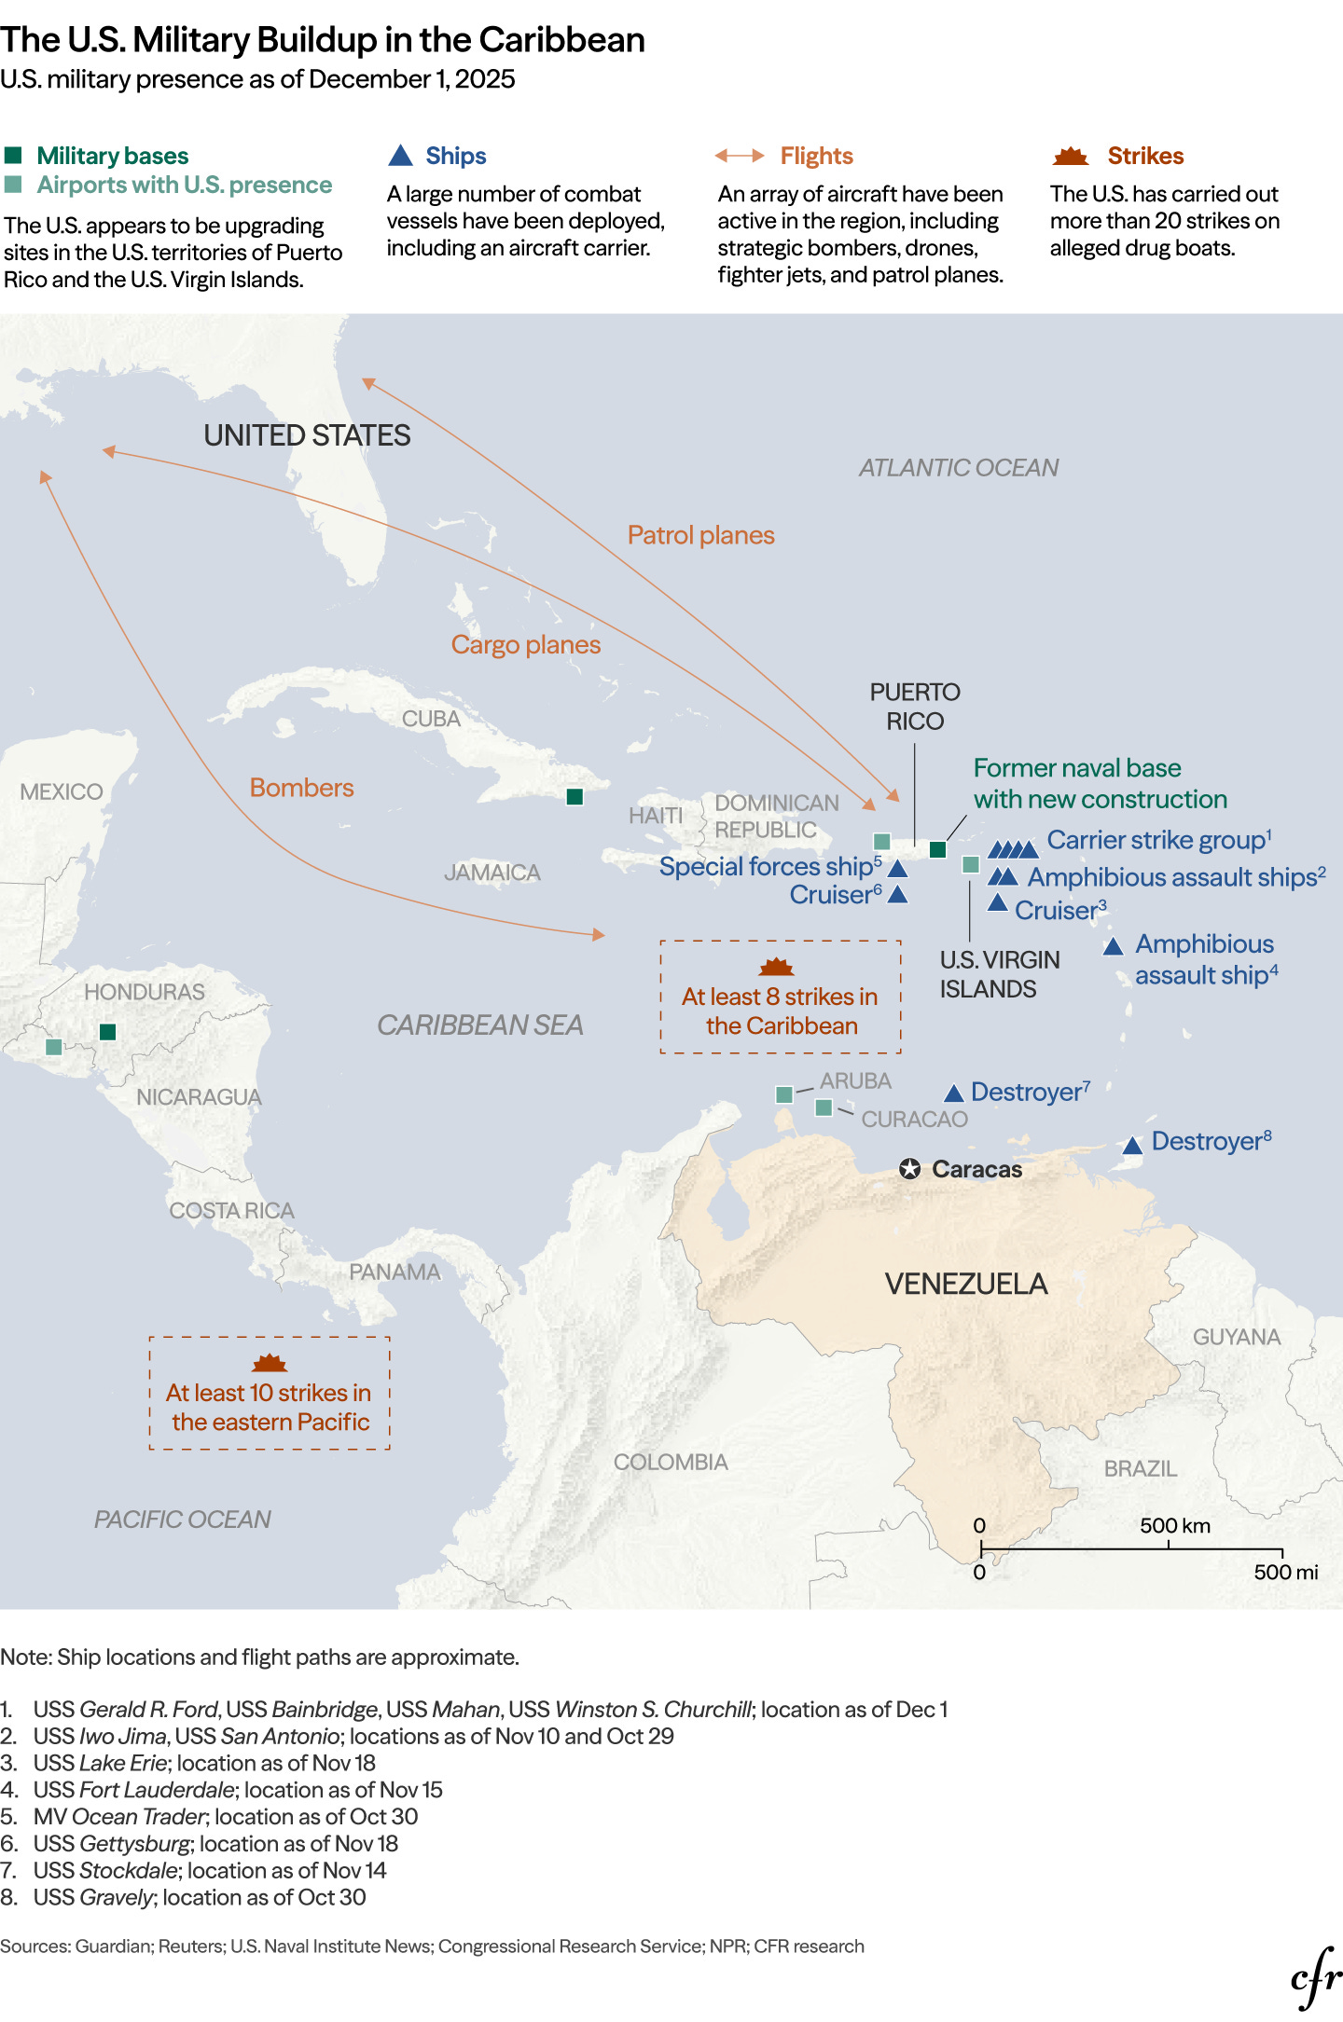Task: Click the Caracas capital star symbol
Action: pyautogui.click(x=910, y=1169)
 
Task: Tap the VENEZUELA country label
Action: pyautogui.click(x=966, y=1284)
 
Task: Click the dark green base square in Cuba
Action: pyautogui.click(x=575, y=796)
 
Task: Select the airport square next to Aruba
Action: pyautogui.click(x=784, y=1094)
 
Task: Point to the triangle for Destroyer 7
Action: pyautogui.click(x=953, y=1094)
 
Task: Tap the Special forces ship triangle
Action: pyautogui.click(x=897, y=869)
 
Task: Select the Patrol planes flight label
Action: pyautogui.click(x=700, y=535)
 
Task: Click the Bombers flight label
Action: pyautogui.click(x=301, y=788)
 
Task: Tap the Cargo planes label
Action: pyautogui.click(x=525, y=644)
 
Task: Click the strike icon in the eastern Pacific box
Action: pyautogui.click(x=270, y=1364)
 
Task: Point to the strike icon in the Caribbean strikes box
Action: pyautogui.click(x=776, y=967)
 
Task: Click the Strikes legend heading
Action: pyautogui.click(x=1145, y=156)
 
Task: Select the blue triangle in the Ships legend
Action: pyautogui.click(x=400, y=156)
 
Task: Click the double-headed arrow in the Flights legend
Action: pyautogui.click(x=740, y=156)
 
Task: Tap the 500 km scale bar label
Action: pyautogui.click(x=1174, y=1526)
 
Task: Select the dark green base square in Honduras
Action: pyautogui.click(x=107, y=1031)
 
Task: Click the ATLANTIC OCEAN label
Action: pyautogui.click(x=958, y=467)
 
